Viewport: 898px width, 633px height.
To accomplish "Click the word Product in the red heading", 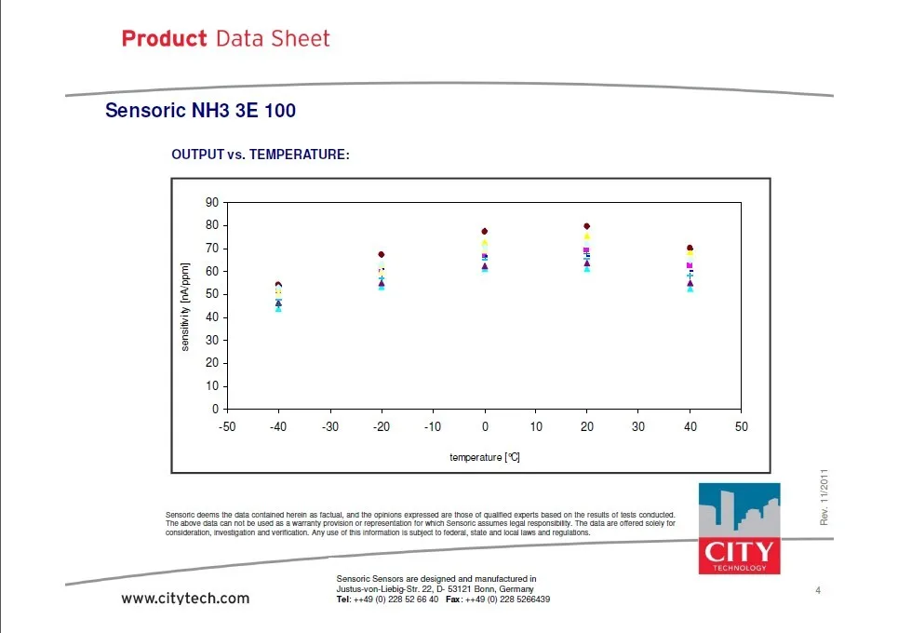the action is point(164,38).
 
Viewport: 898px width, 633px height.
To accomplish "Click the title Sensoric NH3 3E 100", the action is point(200,110).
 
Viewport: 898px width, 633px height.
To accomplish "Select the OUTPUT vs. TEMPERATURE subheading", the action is point(260,155).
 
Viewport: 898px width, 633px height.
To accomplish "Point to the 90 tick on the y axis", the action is point(212,202).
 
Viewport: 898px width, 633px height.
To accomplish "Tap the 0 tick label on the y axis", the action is point(215,409).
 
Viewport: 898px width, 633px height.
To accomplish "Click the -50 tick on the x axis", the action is point(227,426).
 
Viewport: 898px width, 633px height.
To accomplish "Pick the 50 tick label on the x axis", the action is point(741,426).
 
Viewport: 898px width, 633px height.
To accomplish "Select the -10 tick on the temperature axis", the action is point(433,426).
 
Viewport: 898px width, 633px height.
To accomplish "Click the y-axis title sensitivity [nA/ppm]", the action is point(185,307).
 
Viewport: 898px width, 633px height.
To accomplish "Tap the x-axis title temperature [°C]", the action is point(485,457).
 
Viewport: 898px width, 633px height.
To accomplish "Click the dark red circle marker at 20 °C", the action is point(586,226).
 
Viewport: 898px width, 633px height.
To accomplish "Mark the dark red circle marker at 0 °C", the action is point(485,232).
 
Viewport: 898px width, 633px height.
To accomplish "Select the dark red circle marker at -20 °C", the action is point(382,254).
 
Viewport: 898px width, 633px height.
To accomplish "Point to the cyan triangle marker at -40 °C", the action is point(278,309).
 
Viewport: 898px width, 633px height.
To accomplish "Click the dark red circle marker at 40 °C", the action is point(690,248).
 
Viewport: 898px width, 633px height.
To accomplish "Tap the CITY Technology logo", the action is point(740,528).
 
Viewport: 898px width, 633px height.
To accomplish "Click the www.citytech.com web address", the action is point(185,599).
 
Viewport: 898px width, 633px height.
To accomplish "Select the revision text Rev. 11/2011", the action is point(824,497).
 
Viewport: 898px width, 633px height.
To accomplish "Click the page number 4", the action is point(818,590).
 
